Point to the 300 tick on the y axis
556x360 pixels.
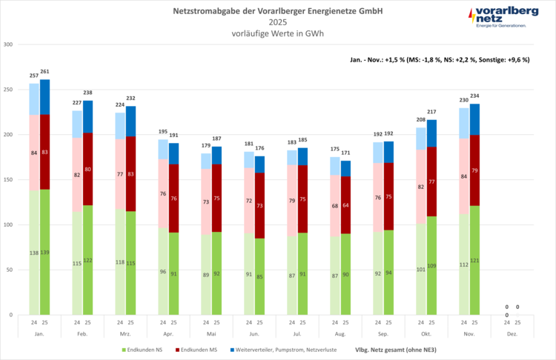click(x=8, y=44)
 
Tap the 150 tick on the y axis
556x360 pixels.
click(x=8, y=180)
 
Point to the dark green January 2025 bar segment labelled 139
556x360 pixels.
click(x=45, y=252)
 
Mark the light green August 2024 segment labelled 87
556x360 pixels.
click(x=335, y=275)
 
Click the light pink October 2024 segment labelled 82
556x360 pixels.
click(x=420, y=187)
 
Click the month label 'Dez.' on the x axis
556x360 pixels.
click(x=512, y=333)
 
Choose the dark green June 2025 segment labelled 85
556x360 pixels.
click(x=260, y=276)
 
